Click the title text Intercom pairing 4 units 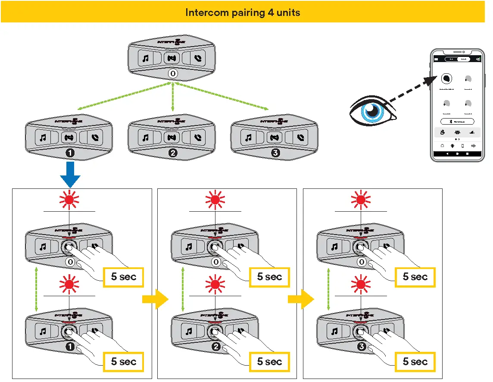point(243,13)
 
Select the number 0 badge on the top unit point(173,74)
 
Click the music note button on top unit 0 point(145,58)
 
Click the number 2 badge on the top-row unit point(173,153)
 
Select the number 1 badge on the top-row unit point(70,153)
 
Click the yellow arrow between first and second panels point(155,299)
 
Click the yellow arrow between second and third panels point(301,299)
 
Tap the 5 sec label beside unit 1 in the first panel point(124,361)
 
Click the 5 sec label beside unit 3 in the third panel point(415,361)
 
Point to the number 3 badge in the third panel point(362,347)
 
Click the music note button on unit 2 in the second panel point(188,332)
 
